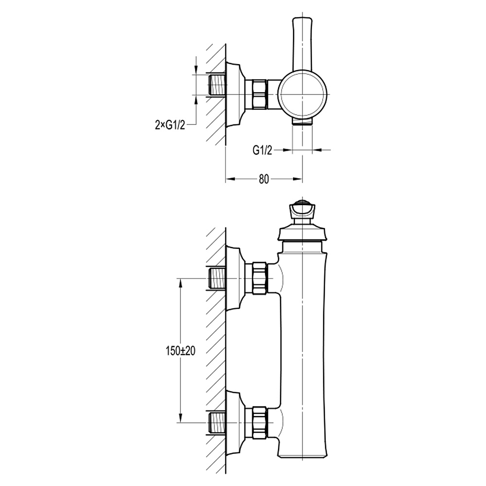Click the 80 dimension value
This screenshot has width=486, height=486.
263,179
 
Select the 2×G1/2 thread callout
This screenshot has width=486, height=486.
167,125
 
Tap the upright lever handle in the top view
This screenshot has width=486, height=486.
301,44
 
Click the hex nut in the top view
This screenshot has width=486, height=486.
259,93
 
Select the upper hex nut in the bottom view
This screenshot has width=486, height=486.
259,278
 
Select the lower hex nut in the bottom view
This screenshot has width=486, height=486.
259,422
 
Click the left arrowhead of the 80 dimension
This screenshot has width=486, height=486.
230,179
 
